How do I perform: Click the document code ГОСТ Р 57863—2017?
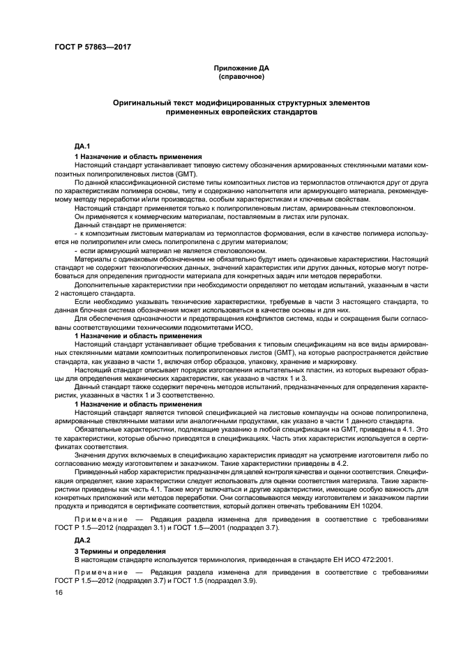click(x=92, y=47)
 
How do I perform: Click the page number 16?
click(x=58, y=592)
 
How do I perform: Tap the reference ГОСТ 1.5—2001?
click(x=215, y=529)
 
